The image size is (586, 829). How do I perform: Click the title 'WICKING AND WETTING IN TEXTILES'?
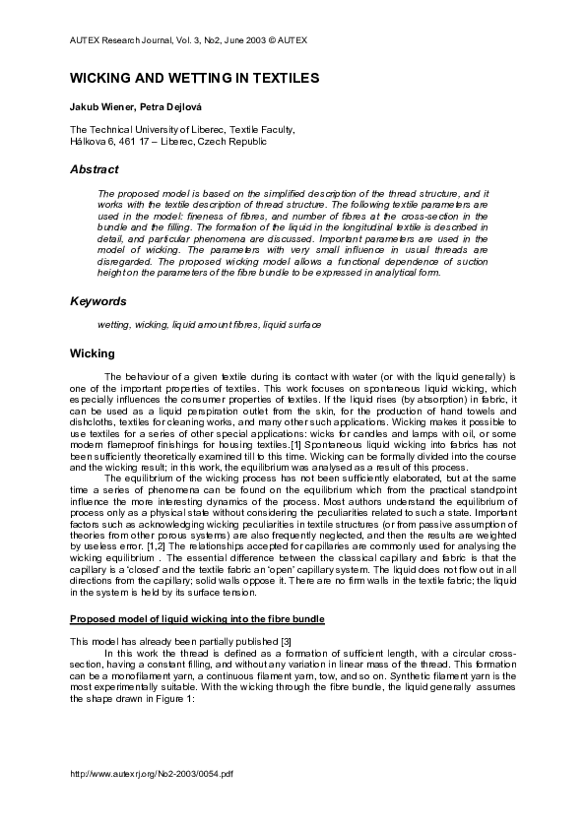coord(194,76)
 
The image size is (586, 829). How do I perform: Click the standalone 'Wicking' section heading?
coord(93,352)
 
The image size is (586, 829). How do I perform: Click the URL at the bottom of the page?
coord(152,801)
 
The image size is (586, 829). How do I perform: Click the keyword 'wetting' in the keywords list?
coord(114,324)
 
